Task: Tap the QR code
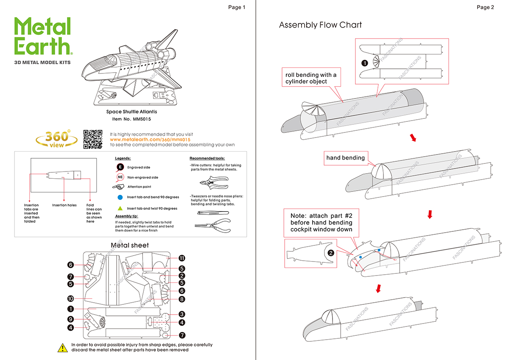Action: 92,139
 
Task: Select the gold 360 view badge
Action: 56,139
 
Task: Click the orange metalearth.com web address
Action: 150,140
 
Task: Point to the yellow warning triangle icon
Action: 63,348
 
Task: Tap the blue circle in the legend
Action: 120,197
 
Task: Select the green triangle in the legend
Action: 120,208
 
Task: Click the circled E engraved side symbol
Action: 120,167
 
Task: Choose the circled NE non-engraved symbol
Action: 120,177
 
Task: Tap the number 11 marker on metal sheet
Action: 182,258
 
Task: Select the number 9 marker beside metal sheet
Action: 71,319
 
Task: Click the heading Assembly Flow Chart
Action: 320,25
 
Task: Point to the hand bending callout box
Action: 345,158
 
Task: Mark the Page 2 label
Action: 485,7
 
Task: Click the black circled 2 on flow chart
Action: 330,253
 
